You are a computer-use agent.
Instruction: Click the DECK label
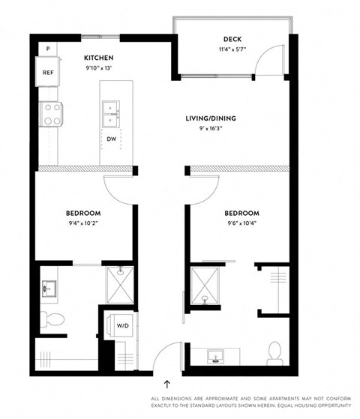point(232,40)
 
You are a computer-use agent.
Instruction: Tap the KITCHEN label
point(98,57)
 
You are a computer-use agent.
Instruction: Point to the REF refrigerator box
point(48,73)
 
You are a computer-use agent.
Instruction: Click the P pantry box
point(48,49)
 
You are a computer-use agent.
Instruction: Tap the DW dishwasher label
point(111,139)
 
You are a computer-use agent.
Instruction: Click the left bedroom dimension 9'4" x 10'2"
point(85,223)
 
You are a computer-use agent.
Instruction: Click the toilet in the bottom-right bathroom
point(274,352)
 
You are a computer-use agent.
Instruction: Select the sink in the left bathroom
point(51,287)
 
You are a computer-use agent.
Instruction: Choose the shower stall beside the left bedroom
point(119,284)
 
